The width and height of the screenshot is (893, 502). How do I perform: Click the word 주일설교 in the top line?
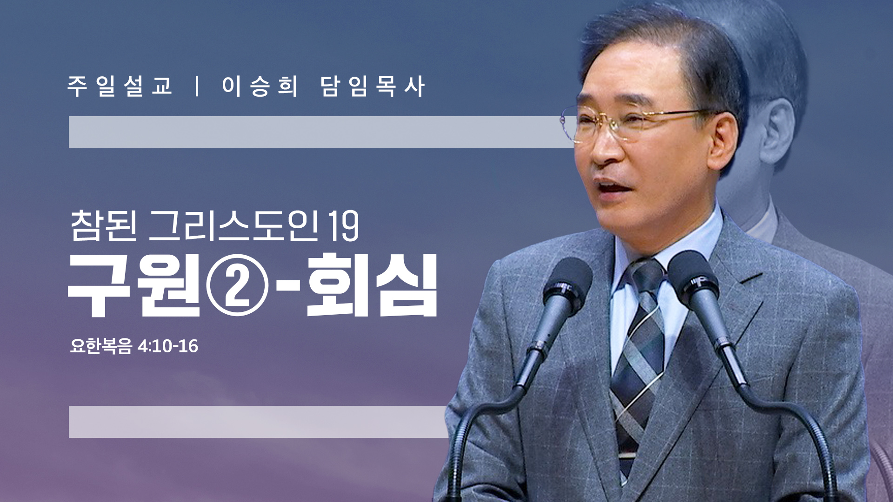(120, 86)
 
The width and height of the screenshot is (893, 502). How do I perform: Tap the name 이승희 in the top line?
(260, 86)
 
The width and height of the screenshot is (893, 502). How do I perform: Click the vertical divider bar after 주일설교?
(198, 86)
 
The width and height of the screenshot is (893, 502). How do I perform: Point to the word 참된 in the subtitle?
(104, 226)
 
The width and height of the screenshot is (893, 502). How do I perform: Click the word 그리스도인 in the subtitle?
(233, 226)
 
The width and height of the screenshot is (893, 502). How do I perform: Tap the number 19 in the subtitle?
(344, 227)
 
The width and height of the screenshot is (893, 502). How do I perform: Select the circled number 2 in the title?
(238, 285)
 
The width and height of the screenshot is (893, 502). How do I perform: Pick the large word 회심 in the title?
(372, 285)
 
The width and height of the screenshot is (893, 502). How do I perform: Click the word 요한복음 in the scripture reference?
(101, 346)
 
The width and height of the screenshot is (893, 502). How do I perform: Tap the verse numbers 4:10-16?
(168, 346)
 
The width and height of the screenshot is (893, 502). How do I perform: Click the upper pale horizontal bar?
(321, 132)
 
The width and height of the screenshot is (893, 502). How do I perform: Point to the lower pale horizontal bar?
(258, 422)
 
